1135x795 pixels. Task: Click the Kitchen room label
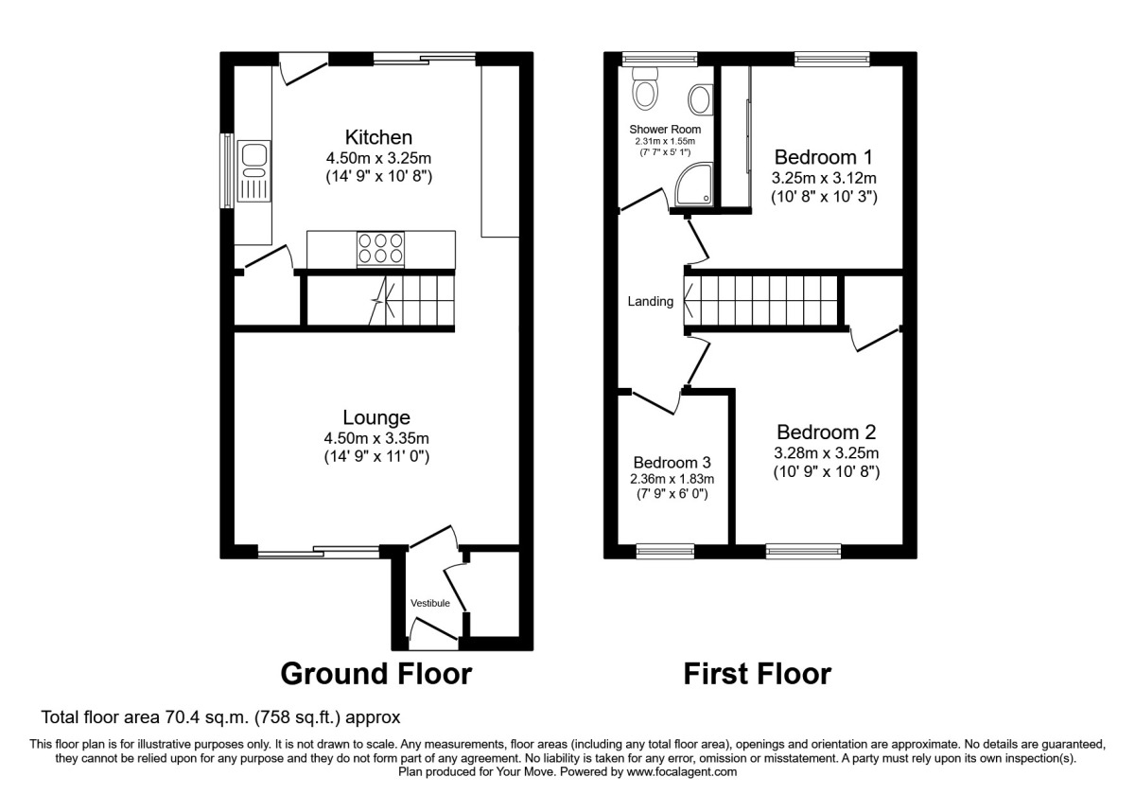[378, 137]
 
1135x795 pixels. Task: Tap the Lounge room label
[377, 417]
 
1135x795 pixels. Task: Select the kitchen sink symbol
[254, 172]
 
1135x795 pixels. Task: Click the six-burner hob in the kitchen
[378, 248]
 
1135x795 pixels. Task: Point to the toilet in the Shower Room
[647, 91]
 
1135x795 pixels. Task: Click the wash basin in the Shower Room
[701, 98]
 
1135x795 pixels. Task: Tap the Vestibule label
[429, 603]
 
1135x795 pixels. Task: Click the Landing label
[651, 302]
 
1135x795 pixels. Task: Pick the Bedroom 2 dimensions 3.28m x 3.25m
[825, 453]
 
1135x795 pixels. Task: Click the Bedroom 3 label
[672, 462]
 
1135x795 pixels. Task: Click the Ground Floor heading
[375, 674]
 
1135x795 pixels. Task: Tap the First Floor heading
[758, 674]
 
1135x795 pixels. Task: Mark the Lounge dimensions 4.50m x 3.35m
[377, 438]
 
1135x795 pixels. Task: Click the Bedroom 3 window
[665, 550]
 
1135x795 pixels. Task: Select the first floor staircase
[761, 302]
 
